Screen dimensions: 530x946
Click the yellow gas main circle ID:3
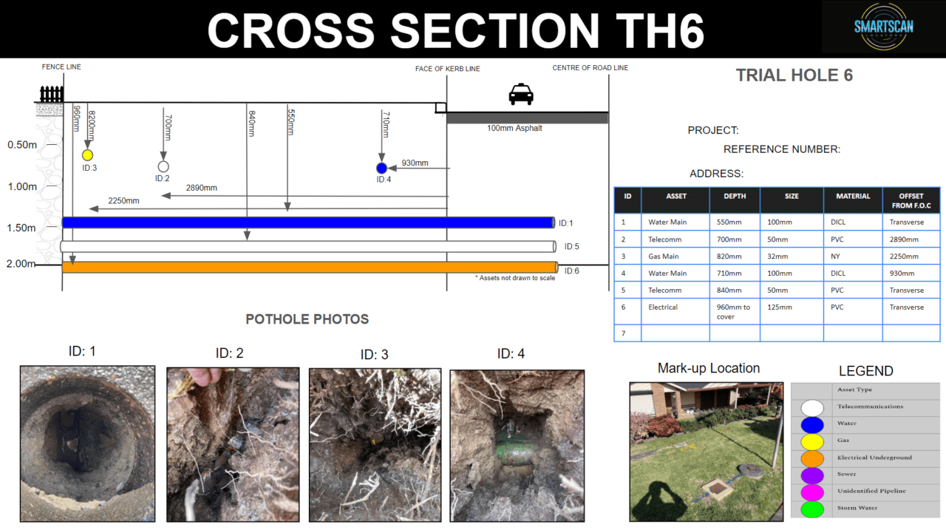coord(87,155)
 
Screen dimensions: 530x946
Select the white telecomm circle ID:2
coord(163,166)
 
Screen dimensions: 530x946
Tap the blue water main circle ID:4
coord(381,168)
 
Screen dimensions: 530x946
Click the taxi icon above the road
coord(521,95)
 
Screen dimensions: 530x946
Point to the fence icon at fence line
coord(51,95)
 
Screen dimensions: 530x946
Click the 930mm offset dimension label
coord(415,163)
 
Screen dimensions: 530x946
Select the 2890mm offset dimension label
coord(202,188)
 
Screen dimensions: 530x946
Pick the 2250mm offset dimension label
coord(123,200)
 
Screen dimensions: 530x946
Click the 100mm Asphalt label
coord(514,128)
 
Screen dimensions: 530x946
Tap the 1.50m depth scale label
coord(22,228)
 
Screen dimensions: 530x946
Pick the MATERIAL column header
coord(853,197)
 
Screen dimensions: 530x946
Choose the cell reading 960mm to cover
coord(734,311)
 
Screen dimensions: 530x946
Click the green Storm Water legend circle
coord(812,509)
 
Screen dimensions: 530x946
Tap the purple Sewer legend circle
coord(812,475)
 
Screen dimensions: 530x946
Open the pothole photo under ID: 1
coord(87,444)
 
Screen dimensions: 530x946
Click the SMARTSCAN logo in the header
coord(883,27)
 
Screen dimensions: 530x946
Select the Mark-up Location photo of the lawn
coord(706,451)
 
